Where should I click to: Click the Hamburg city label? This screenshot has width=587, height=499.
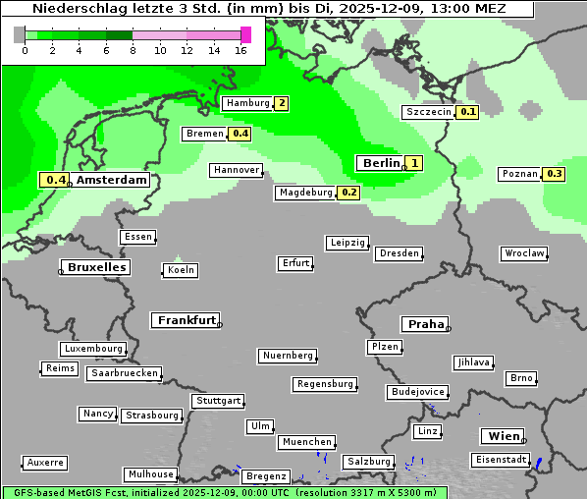(247, 103)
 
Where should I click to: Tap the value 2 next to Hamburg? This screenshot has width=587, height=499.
(282, 103)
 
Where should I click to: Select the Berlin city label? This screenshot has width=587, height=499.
(381, 163)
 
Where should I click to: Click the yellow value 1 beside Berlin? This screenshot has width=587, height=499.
(414, 163)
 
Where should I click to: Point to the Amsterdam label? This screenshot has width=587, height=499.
(112, 180)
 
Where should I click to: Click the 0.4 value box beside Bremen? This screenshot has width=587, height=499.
(240, 134)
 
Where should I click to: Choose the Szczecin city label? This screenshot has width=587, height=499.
(429, 112)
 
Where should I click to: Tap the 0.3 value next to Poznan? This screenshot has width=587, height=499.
(555, 174)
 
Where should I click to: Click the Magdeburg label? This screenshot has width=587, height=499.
(305, 193)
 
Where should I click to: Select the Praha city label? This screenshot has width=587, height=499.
(425, 324)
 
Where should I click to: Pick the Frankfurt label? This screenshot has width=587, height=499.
(187, 320)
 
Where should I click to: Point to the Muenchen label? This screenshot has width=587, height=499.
(306, 442)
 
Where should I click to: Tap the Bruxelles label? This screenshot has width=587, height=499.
(96, 267)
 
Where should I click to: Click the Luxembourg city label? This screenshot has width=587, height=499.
(93, 349)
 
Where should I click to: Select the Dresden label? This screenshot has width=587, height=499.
(399, 253)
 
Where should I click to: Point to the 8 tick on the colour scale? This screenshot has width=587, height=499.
(132, 50)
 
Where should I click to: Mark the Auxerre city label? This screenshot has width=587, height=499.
(45, 462)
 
